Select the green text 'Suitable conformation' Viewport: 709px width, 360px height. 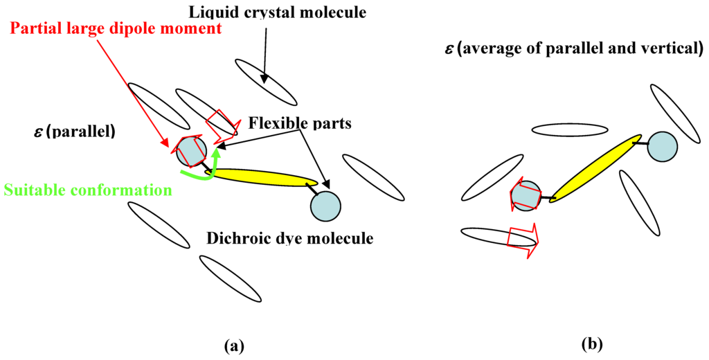[x=88, y=189]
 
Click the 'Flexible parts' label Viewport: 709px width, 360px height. [x=300, y=125]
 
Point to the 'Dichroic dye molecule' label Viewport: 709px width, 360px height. [x=290, y=239]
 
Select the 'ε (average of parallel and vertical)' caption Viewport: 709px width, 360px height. [x=573, y=48]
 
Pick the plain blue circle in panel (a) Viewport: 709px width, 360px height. [x=325, y=204]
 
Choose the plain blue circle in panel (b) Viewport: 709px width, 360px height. [x=662, y=145]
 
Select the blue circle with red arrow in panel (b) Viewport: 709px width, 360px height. [x=526, y=196]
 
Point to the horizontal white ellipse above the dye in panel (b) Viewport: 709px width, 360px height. [x=570, y=129]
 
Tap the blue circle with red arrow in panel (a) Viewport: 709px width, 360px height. [x=189, y=151]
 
